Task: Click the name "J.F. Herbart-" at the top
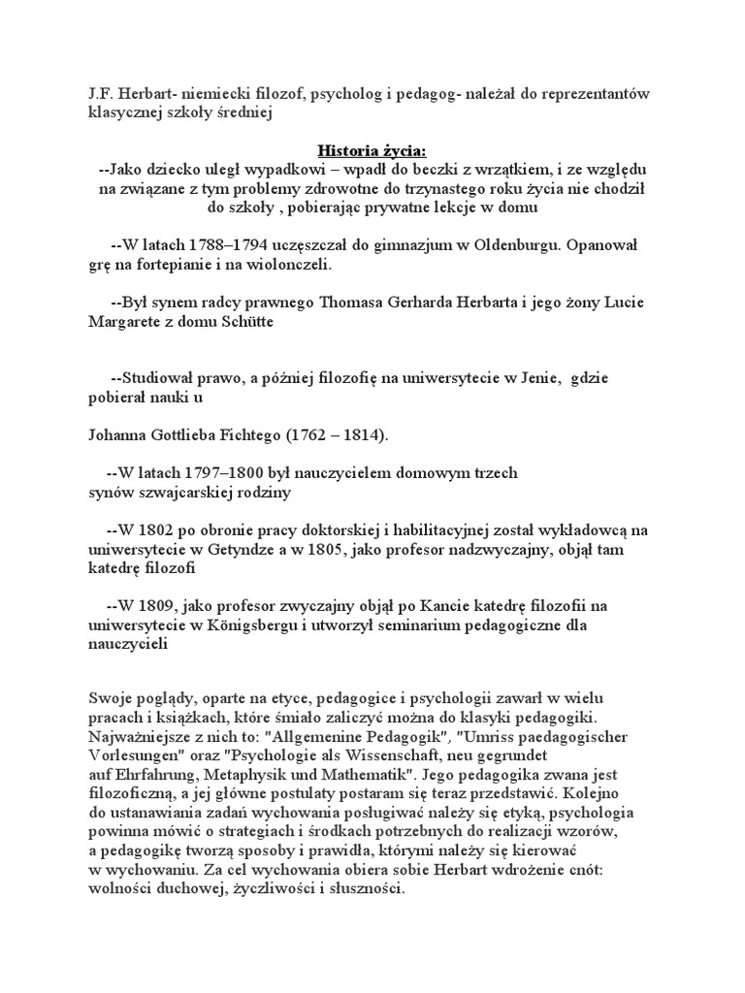pyautogui.click(x=123, y=93)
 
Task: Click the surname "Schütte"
pyautogui.click(x=243, y=322)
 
